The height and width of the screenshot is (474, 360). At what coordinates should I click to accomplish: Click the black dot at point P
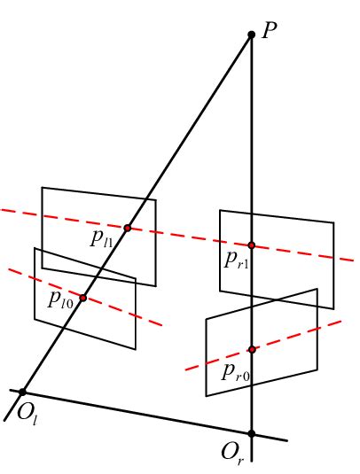point(252,35)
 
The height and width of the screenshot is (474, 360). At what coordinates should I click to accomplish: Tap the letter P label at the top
point(270,30)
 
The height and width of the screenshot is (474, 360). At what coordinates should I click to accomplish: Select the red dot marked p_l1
point(128,228)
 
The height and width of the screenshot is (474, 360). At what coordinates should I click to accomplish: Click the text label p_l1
point(102,237)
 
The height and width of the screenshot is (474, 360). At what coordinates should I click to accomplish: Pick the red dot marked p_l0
point(83,298)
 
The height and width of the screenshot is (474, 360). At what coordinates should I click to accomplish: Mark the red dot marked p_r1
point(252,245)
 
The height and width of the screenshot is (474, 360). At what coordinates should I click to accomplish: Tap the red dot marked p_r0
point(252,349)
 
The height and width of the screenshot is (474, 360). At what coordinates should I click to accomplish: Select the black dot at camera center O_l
point(23,392)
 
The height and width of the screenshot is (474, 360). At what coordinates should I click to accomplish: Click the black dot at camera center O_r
point(252,433)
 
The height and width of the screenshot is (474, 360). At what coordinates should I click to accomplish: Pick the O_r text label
point(232,453)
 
